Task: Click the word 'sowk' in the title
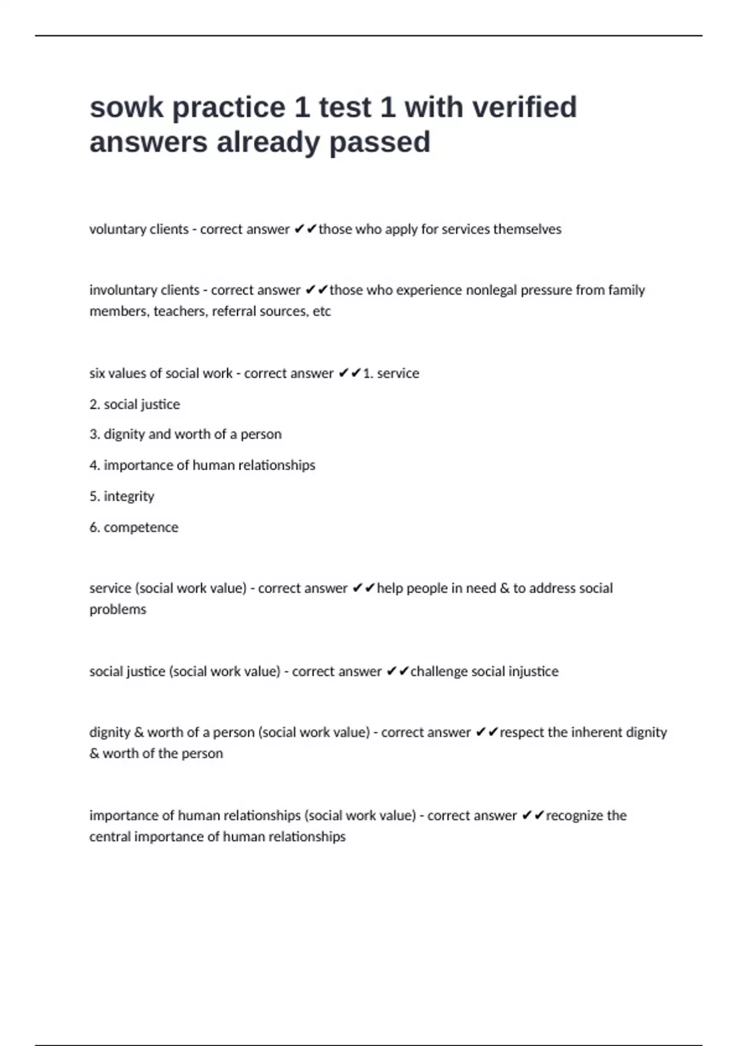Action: pyautogui.click(x=126, y=108)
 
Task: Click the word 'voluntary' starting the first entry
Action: pyautogui.click(x=116, y=230)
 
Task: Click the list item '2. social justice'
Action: pyautogui.click(x=135, y=404)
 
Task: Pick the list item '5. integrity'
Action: pyautogui.click(x=122, y=497)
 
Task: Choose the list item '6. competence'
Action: pyautogui.click(x=133, y=527)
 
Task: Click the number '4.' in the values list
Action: pyautogui.click(x=95, y=465)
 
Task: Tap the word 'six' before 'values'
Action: pyautogui.click(x=97, y=373)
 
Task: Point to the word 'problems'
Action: pyautogui.click(x=118, y=610)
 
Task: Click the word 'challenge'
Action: pyautogui.click(x=438, y=671)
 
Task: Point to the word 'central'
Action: pyautogui.click(x=109, y=837)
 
